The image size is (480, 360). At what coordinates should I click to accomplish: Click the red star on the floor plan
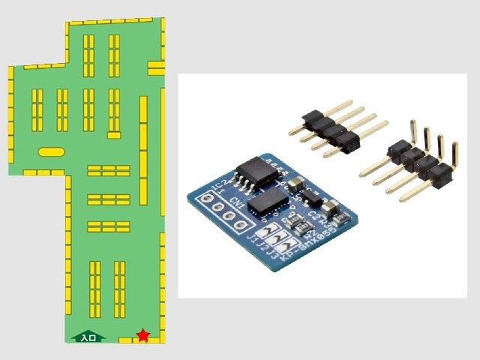(x=142, y=334)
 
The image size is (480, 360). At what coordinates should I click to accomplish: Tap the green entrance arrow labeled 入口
(x=87, y=337)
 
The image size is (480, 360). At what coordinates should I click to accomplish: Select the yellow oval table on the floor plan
(x=51, y=151)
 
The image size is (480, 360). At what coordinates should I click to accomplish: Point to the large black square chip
(x=268, y=201)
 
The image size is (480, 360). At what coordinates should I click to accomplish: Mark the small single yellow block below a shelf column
(x=113, y=135)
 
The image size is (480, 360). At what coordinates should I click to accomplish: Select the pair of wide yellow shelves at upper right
(x=156, y=68)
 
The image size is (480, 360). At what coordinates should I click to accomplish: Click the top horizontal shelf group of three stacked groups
(x=109, y=170)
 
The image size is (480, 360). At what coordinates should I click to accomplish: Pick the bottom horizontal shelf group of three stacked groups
(x=109, y=226)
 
